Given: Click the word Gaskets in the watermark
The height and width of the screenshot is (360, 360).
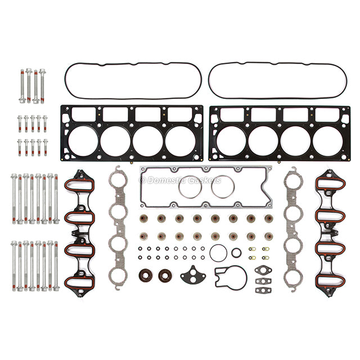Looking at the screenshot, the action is pyautogui.click(x=204, y=180).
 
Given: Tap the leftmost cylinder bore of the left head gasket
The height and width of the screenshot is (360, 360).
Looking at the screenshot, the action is pyautogui.click(x=83, y=141).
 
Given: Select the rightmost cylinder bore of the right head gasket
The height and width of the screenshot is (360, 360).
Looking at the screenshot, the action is pyautogui.click(x=327, y=141).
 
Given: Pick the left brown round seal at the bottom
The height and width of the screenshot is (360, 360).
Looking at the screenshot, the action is pyautogui.click(x=145, y=276).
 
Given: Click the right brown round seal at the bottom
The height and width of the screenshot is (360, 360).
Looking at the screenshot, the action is pyautogui.click(x=165, y=276).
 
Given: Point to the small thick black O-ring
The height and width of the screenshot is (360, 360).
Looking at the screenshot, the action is pyautogui.click(x=236, y=253).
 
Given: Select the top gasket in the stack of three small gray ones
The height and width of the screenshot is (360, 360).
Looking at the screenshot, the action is pyautogui.click(x=263, y=270).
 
